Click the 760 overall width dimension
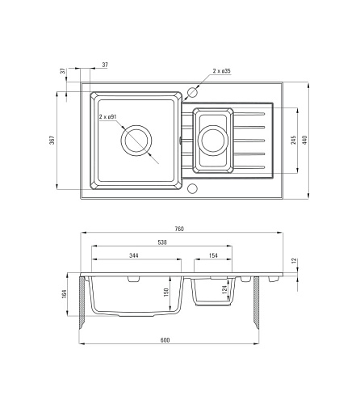[179, 229]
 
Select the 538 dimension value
[162, 242]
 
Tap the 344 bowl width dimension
[134, 255]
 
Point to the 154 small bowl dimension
[213, 255]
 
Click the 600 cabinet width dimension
[165, 340]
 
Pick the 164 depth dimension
[64, 294]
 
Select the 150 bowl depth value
[165, 292]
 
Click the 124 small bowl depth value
[224, 289]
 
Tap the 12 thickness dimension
[294, 261]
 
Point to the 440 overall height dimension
[304, 140]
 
